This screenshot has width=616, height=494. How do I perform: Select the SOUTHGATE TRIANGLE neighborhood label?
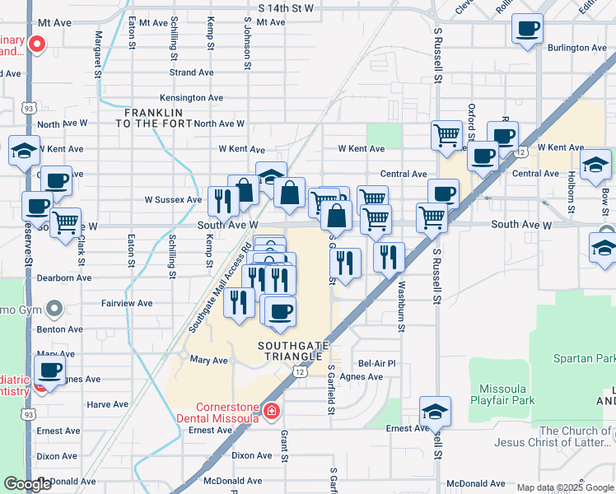[289, 351]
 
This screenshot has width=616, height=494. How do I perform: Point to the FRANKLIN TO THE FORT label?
[160, 117]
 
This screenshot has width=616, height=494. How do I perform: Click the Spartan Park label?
[586, 360]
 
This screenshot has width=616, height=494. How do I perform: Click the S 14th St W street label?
[286, 7]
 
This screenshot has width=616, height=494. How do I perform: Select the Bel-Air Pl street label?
[377, 363]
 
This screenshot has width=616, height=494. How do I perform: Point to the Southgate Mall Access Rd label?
[219, 288]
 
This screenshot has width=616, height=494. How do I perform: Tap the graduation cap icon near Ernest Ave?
[435, 410]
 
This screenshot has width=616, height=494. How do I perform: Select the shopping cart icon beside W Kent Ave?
[446, 134]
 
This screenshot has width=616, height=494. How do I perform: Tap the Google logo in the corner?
[28, 484]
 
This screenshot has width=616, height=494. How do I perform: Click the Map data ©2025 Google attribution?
[564, 487]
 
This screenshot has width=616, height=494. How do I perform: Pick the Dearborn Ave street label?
[64, 278]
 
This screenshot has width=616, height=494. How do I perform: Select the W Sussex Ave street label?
[173, 199]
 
